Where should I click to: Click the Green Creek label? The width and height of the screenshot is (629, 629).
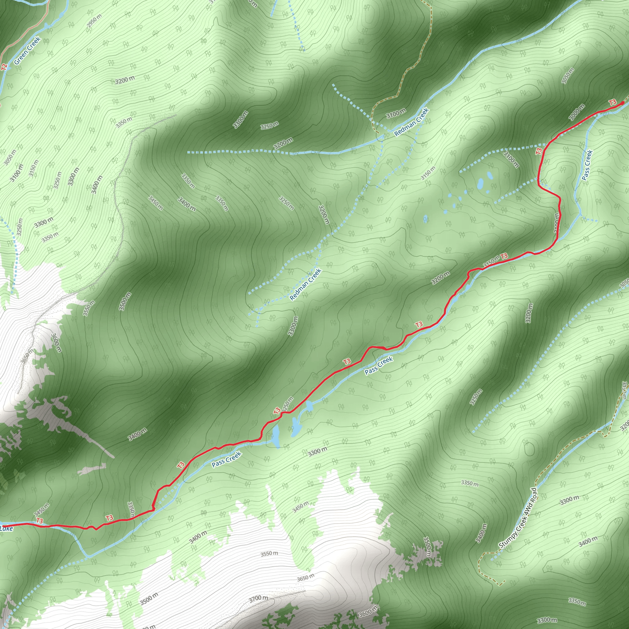pos(27,50)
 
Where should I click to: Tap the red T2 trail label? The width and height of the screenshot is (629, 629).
pos(4,67)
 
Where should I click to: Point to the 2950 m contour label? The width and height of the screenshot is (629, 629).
pos(94,21)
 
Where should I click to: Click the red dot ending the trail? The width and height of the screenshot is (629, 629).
pos(623,103)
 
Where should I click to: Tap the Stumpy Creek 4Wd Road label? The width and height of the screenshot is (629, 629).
pos(518,518)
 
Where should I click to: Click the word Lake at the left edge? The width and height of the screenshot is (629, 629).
pos(6,528)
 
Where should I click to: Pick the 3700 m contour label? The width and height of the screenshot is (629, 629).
pos(259,598)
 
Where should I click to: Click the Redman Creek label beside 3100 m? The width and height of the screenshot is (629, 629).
pos(412,122)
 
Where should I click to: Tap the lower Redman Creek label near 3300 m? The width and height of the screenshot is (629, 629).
pos(305,284)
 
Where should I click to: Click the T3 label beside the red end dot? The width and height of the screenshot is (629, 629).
pos(613,102)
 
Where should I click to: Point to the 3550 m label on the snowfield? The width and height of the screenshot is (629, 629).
pos(269,553)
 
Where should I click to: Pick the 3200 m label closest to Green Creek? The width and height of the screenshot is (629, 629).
pos(125,80)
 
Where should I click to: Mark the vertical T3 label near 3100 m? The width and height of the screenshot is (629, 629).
pos(538,151)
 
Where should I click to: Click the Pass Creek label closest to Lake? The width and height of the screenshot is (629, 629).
pos(226,459)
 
